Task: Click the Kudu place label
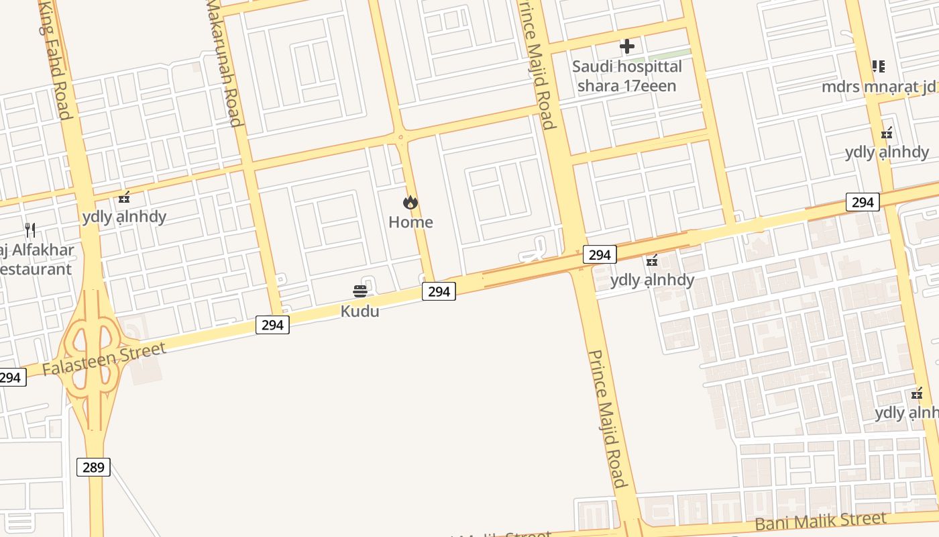tap(360, 311)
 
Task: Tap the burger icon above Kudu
tap(360, 291)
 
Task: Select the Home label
tap(410, 222)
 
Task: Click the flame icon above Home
tap(410, 202)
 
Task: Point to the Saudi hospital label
tap(626, 76)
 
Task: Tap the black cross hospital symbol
tap(627, 46)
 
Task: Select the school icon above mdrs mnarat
tap(878, 66)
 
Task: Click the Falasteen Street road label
tap(104, 359)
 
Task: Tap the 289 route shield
tap(93, 467)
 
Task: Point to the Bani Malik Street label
tap(820, 520)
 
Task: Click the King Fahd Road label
tap(56, 60)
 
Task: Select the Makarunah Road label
tap(224, 64)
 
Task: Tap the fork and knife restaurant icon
tap(30, 230)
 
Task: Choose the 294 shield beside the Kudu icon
tap(439, 291)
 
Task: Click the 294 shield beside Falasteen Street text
tap(272, 326)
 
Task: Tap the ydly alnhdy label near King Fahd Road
tap(124, 217)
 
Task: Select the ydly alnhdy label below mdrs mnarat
tap(887, 152)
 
